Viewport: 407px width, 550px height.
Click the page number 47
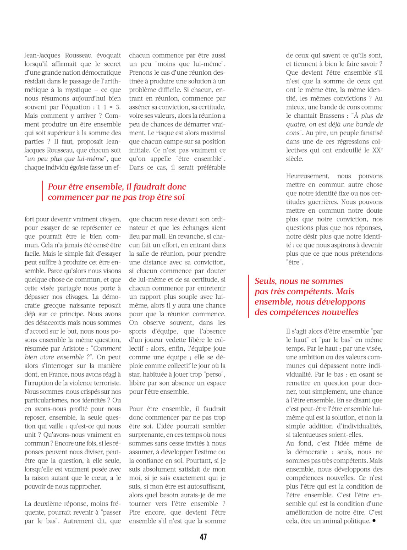tap(203, 537)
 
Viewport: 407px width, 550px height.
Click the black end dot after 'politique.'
tap(374, 521)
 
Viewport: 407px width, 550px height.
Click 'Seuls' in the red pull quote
tap(265, 281)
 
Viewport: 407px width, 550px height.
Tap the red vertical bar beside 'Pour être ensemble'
tap(43, 192)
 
